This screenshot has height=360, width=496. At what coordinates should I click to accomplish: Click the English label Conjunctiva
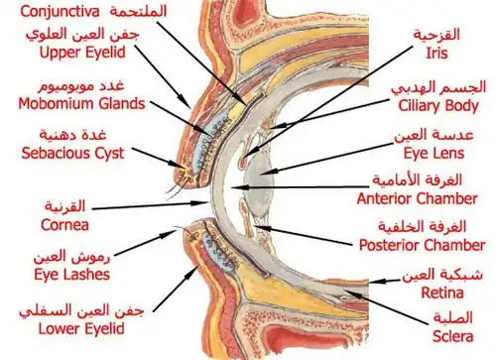click(x=60, y=12)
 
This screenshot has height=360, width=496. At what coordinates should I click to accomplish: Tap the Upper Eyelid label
click(x=82, y=53)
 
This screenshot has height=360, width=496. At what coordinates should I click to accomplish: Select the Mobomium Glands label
click(x=81, y=103)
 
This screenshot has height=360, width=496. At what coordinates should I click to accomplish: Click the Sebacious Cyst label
click(x=72, y=153)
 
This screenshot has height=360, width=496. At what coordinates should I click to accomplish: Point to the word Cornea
click(x=64, y=225)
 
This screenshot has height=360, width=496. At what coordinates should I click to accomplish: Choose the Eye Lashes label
click(x=71, y=275)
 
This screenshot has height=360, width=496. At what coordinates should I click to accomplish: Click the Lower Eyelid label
click(x=81, y=328)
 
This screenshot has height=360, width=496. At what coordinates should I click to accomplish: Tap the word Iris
click(x=436, y=54)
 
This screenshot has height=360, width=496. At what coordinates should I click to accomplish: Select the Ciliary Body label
click(x=438, y=106)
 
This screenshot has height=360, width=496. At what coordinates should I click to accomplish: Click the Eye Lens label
click(x=434, y=153)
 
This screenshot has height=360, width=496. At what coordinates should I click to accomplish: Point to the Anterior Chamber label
click(x=418, y=198)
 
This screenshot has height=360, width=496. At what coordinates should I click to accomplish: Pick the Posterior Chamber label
click(x=422, y=245)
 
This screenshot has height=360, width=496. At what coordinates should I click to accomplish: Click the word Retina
click(x=442, y=293)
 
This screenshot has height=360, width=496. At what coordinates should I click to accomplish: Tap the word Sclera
click(x=452, y=336)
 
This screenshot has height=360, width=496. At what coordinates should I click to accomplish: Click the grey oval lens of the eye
click(x=259, y=185)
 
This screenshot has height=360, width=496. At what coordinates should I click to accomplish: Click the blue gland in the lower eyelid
click(x=220, y=252)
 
